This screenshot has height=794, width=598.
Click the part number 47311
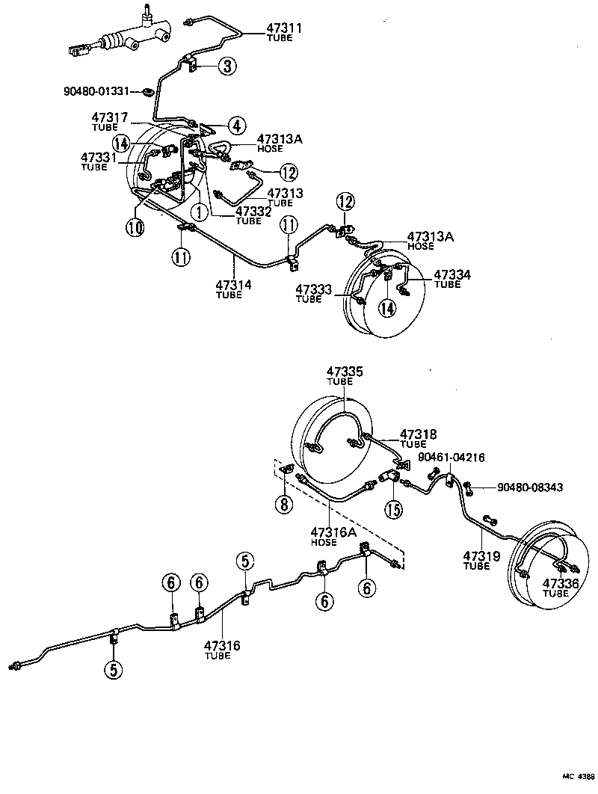pos(284,28)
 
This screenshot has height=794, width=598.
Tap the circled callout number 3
pos(228,67)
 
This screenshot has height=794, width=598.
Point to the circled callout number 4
pos(236,124)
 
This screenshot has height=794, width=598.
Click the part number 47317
pos(110,117)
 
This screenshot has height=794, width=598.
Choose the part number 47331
pos(99,157)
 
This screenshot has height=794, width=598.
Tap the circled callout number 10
pos(135,227)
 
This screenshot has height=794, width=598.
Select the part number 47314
pos(234,285)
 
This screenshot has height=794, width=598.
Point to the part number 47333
pos(313,289)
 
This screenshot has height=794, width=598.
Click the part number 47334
pos(452,275)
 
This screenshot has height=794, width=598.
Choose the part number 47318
pos(418,434)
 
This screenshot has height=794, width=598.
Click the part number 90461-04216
pos(451,458)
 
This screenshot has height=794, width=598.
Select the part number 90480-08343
pos(530,487)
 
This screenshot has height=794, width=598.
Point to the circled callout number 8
pos(284,504)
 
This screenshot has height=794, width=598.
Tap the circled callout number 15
pos(394,510)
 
